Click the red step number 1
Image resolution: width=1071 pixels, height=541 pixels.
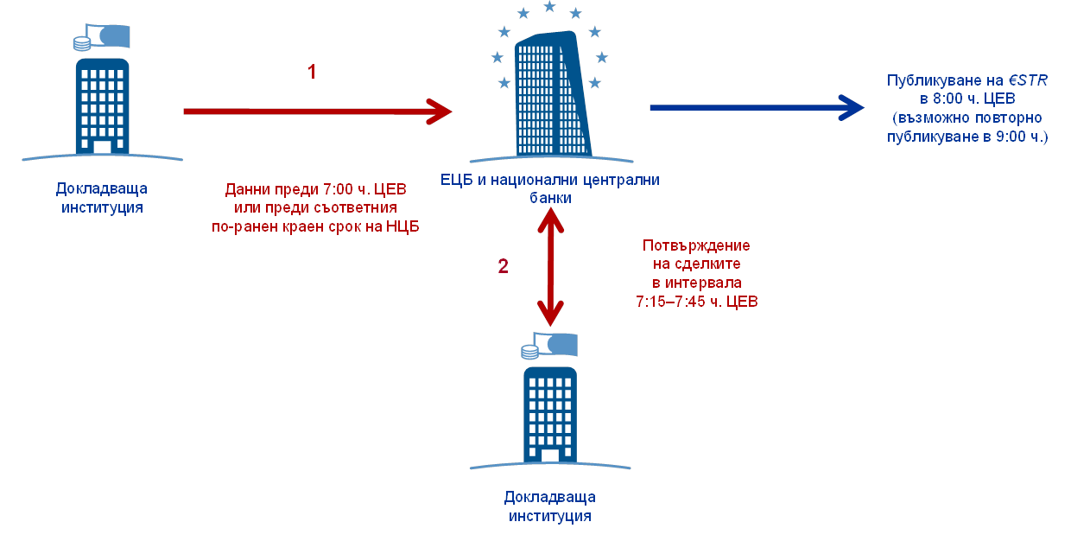[312, 72]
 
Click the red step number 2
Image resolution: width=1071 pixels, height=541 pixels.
[503, 266]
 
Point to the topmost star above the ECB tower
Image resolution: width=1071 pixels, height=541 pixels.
[549, 7]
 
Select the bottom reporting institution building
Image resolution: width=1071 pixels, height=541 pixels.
[549, 415]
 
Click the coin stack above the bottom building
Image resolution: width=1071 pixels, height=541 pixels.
[529, 351]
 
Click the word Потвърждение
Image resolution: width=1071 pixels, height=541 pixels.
[697, 245]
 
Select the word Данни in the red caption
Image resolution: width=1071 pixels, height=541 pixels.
[244, 189]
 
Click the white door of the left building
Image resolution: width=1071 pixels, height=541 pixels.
[102, 147]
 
